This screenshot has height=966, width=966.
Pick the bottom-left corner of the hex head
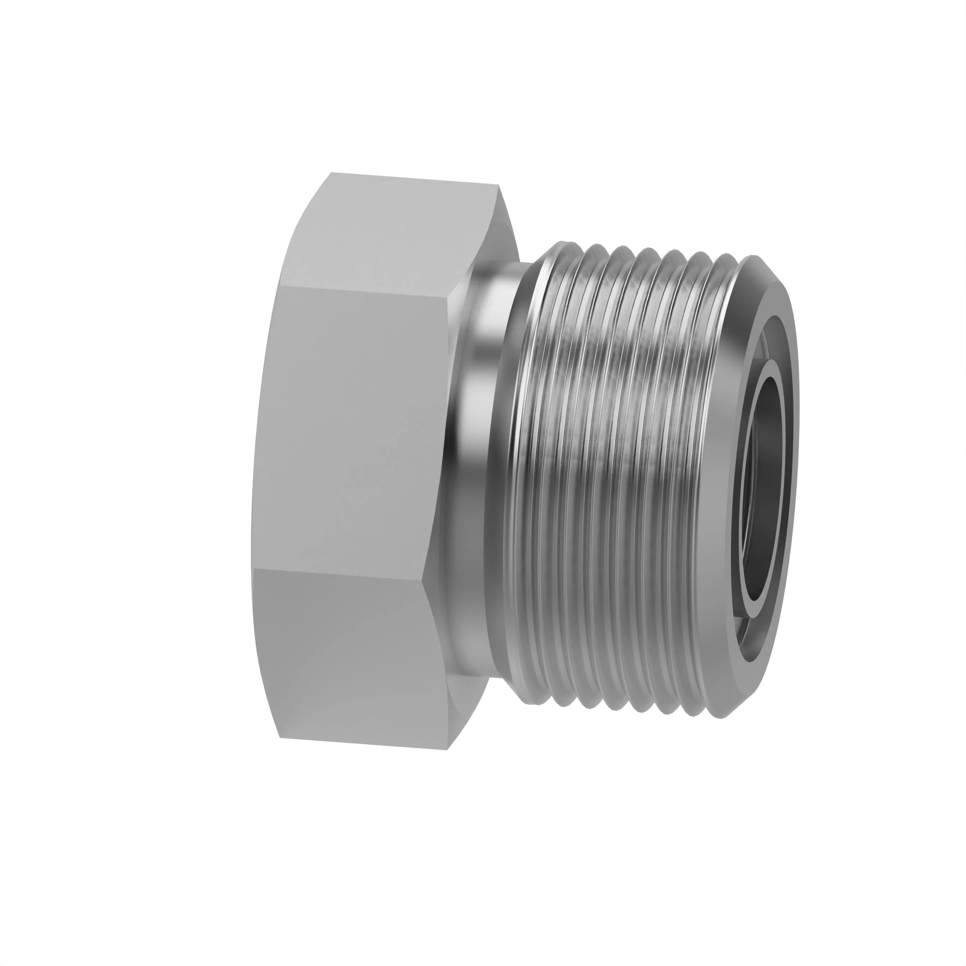pyautogui.click(x=280, y=738)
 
